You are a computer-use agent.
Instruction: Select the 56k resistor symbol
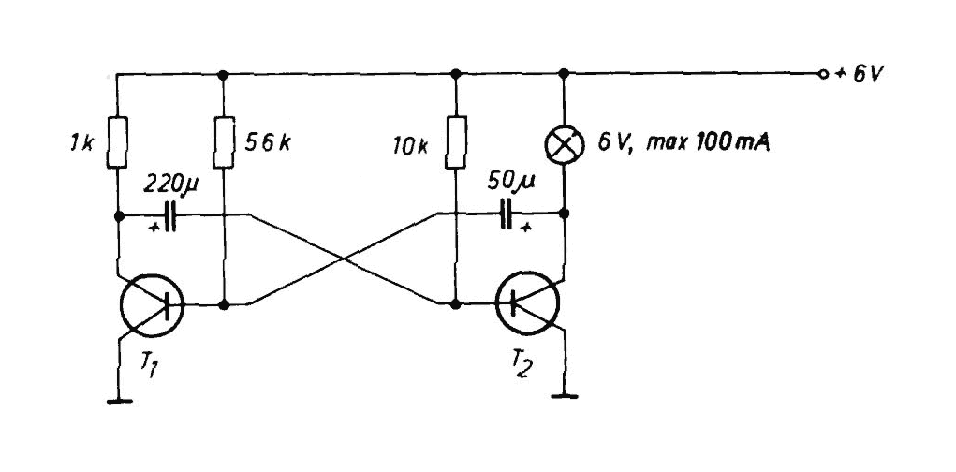point(223,140)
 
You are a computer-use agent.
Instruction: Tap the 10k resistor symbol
point(454,140)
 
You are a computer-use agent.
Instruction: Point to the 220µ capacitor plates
point(169,216)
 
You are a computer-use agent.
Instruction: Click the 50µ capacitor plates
point(507,214)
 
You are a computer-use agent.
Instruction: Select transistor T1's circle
point(152,304)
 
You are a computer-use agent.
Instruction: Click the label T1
point(149,364)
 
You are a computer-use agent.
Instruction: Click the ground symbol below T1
point(117,402)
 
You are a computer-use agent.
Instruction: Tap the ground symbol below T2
point(564,397)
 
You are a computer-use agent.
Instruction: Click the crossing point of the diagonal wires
point(344,258)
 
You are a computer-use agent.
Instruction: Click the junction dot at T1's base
point(223,304)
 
